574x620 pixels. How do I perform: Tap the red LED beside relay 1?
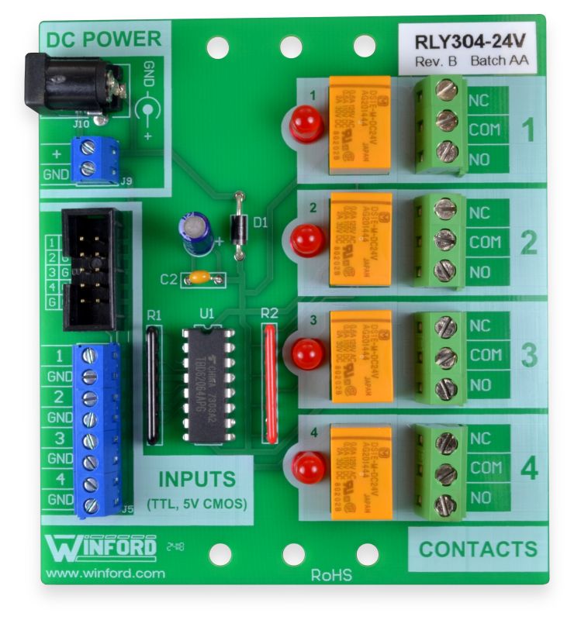[306, 123]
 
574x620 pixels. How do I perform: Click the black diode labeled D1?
[240, 223]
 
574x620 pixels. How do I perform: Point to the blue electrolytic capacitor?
[197, 234]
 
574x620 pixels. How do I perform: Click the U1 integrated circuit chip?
[207, 383]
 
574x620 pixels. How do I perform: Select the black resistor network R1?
[154, 384]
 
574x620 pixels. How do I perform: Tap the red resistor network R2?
[270, 383]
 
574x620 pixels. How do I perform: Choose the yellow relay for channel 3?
[361, 355]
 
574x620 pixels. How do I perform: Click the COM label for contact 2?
[486, 243]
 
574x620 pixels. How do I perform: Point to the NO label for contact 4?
[480, 498]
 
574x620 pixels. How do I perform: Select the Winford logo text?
[101, 547]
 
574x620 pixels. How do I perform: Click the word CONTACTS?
[478, 549]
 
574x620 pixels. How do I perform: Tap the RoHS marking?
[331, 576]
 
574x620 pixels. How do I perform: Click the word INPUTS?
[197, 478]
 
